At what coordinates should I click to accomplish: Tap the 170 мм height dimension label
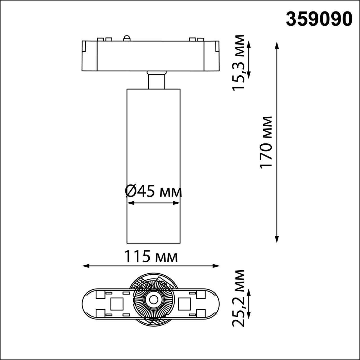pos(266,142)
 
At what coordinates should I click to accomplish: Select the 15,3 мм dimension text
pos(238,62)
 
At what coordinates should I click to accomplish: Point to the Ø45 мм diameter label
pos(153,192)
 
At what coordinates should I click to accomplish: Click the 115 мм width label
pos(151,256)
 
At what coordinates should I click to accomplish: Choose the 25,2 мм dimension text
pos(238,298)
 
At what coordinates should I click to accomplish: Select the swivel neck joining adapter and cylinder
pos(156,80)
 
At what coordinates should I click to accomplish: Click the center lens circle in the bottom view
pos(154,300)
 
